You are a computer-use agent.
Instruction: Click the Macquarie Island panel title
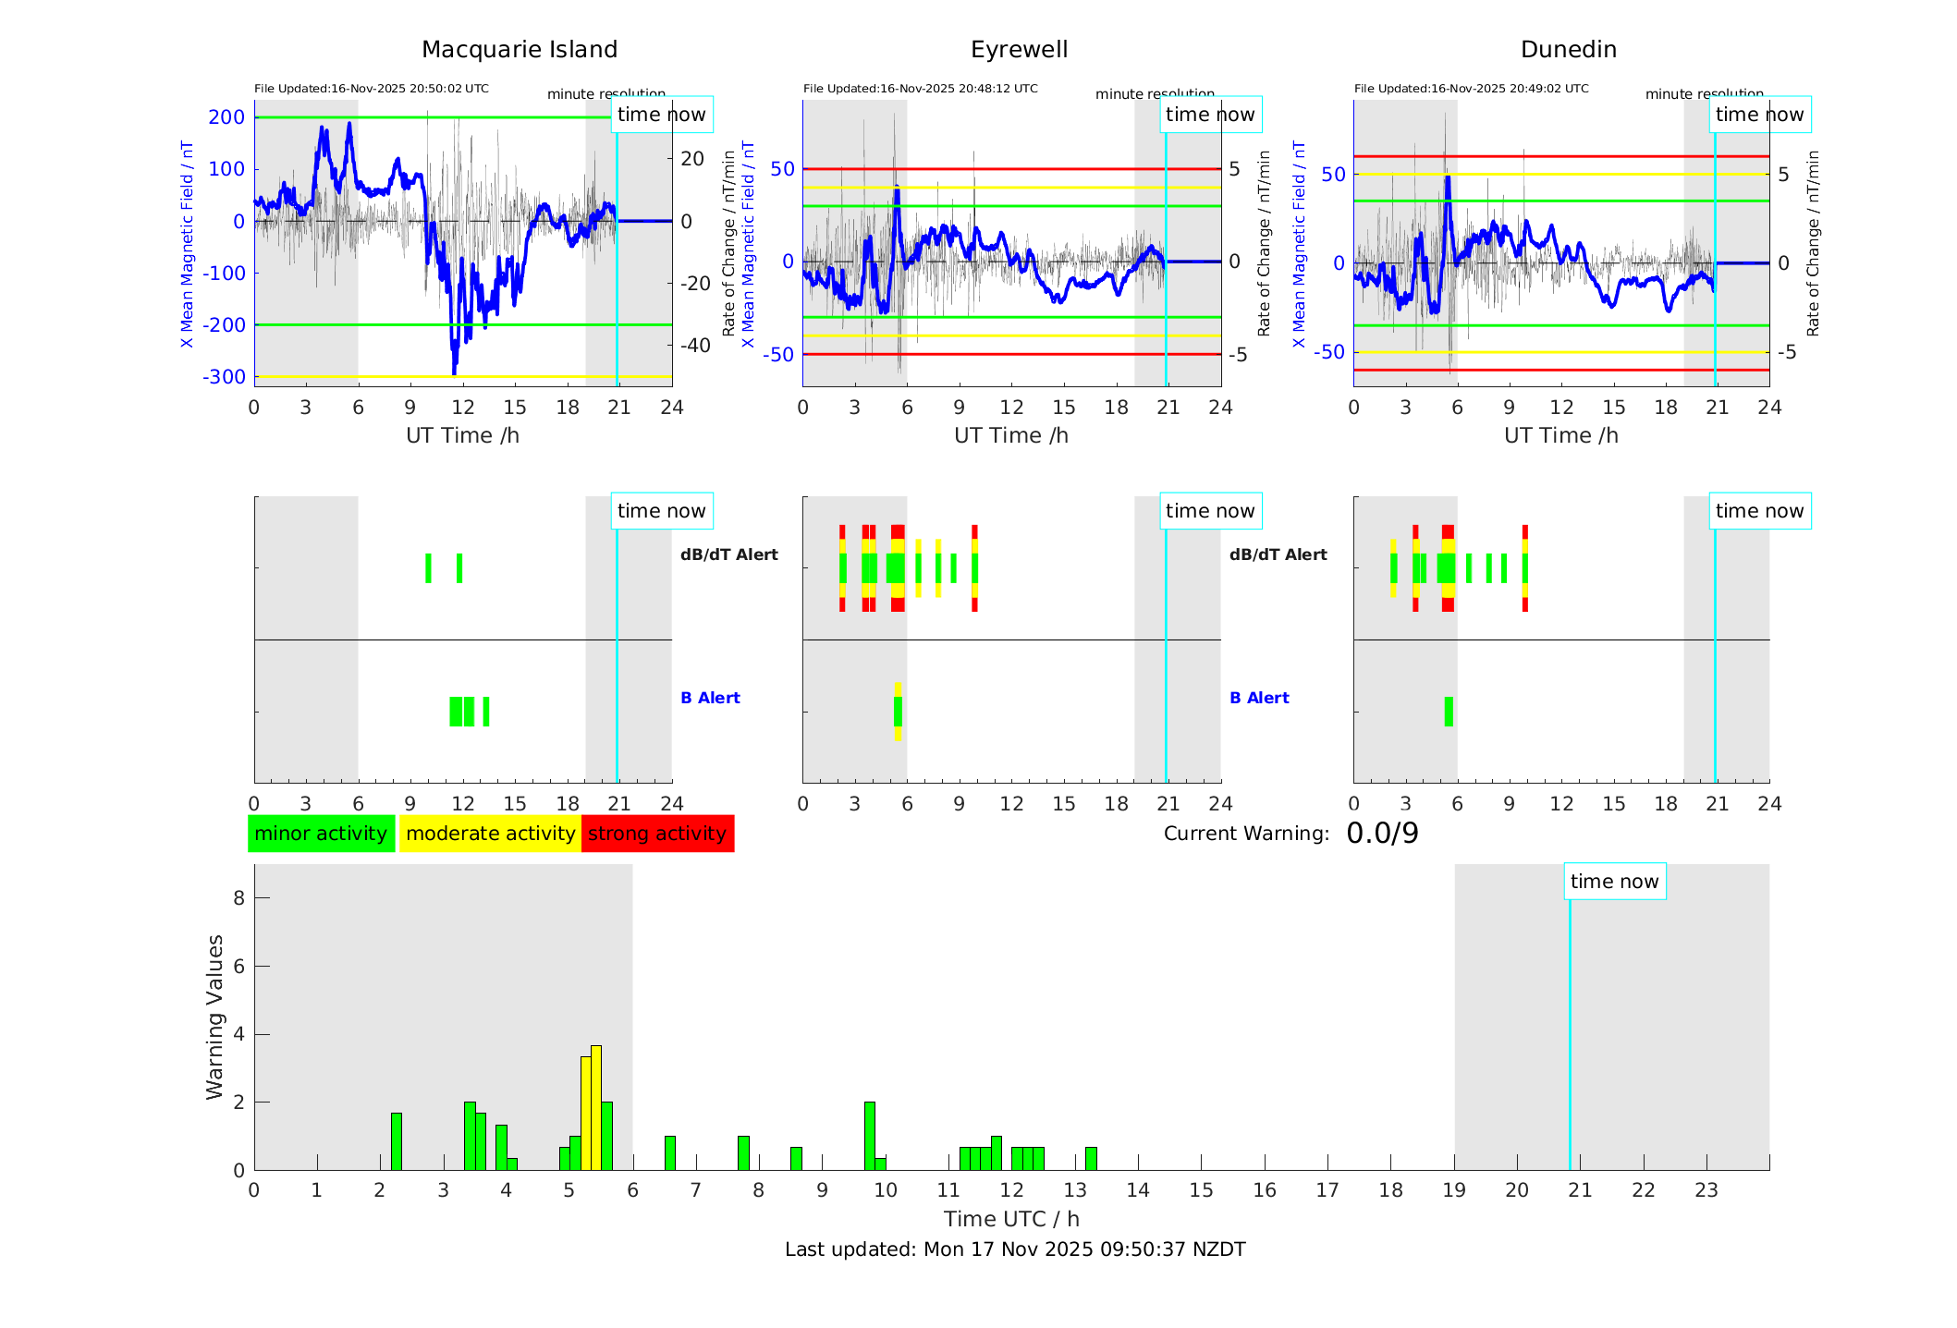tap(519, 50)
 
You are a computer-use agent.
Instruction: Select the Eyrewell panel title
tap(1019, 50)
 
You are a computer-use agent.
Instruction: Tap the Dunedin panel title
tap(1568, 50)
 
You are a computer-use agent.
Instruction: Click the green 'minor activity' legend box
tap(321, 834)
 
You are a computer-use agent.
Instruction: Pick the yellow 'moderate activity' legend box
tap(490, 834)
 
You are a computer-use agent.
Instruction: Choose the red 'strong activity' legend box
tap(657, 834)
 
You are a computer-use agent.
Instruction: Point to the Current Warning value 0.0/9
tap(1382, 834)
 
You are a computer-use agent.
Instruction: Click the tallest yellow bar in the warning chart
tap(596, 1107)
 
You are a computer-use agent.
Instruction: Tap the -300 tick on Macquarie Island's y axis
tap(226, 377)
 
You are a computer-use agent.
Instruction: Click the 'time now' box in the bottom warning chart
tap(1614, 882)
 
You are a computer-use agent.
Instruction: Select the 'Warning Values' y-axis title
tap(215, 1017)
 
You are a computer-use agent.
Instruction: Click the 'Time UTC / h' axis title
tap(1011, 1219)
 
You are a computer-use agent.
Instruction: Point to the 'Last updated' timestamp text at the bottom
tap(1015, 1249)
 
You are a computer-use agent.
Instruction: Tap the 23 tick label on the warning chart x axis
tap(1706, 1190)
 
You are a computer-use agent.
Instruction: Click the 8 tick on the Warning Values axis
tap(239, 897)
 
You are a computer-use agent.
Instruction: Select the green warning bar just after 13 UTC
tap(1091, 1159)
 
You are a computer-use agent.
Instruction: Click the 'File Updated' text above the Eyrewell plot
tap(920, 89)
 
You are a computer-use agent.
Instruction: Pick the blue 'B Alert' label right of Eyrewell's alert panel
tap(1259, 698)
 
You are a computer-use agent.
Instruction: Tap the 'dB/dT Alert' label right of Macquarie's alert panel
tap(728, 554)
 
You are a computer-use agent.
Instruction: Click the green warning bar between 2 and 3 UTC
tap(397, 1141)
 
